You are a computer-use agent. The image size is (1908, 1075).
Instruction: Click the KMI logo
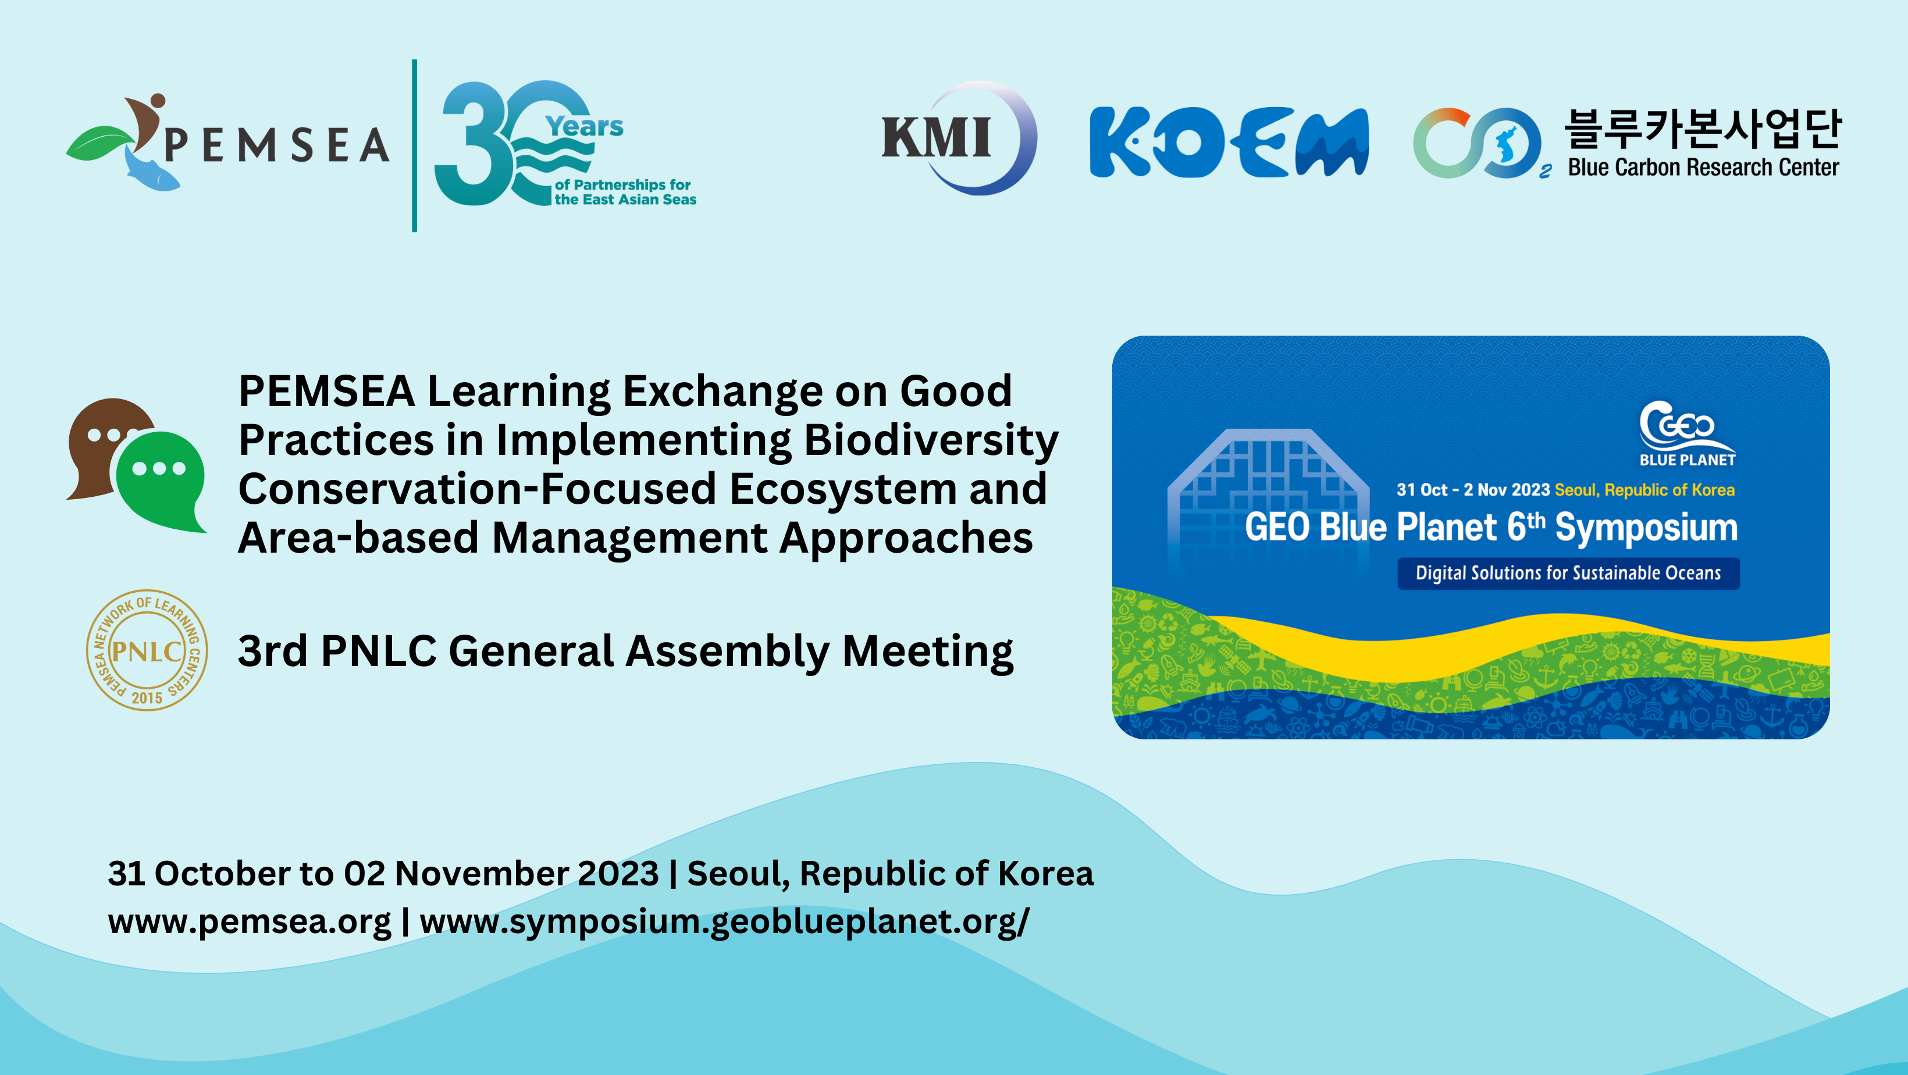coord(960,138)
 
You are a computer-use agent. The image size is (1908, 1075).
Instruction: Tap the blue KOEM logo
coord(1229,143)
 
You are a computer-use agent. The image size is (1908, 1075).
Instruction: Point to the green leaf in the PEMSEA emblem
coord(101,143)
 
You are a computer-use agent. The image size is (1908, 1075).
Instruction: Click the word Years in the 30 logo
coord(585,127)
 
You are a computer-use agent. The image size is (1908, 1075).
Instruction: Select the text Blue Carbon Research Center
coord(1703,168)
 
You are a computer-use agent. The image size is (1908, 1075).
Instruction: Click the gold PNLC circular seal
coord(147,650)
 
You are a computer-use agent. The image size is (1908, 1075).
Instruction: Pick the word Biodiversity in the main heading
coord(931,442)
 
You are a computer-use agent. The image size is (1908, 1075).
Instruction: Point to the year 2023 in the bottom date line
coord(618,874)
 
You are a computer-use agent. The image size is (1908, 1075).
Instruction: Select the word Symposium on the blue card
coord(1646,528)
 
